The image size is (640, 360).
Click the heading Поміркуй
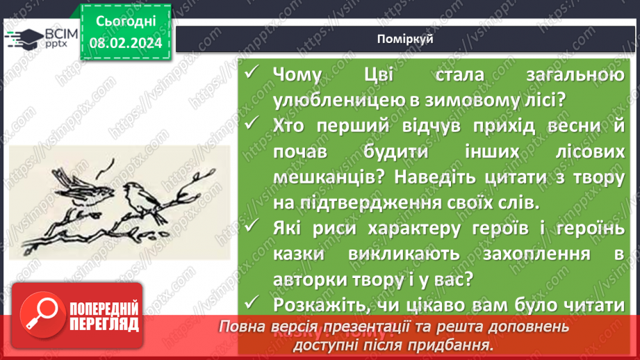(407, 39)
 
